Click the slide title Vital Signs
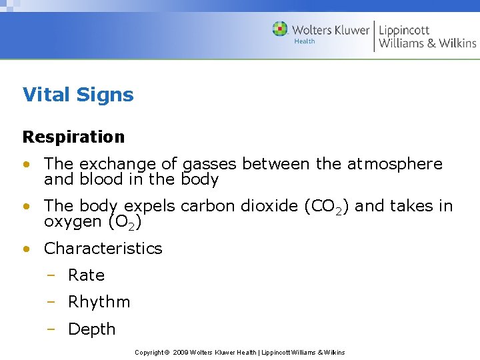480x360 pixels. click(x=78, y=95)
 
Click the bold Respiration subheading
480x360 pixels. click(x=73, y=137)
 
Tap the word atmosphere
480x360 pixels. click(x=395, y=164)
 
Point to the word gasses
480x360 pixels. click(x=209, y=165)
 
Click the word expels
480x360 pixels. click(x=150, y=207)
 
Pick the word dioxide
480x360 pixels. click(x=267, y=206)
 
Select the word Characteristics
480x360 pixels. click(x=103, y=249)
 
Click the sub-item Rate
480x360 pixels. click(x=86, y=275)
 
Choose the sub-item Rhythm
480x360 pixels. click(x=99, y=302)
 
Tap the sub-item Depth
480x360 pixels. click(x=91, y=329)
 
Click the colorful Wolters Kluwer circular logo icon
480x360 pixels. click(x=280, y=29)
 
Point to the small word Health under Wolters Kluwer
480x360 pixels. click(x=304, y=41)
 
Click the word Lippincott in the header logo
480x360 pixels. click(x=404, y=30)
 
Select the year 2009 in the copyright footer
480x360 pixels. click(x=180, y=352)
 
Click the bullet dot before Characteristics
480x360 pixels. click(x=26, y=249)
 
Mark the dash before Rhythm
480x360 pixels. click(x=51, y=302)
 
